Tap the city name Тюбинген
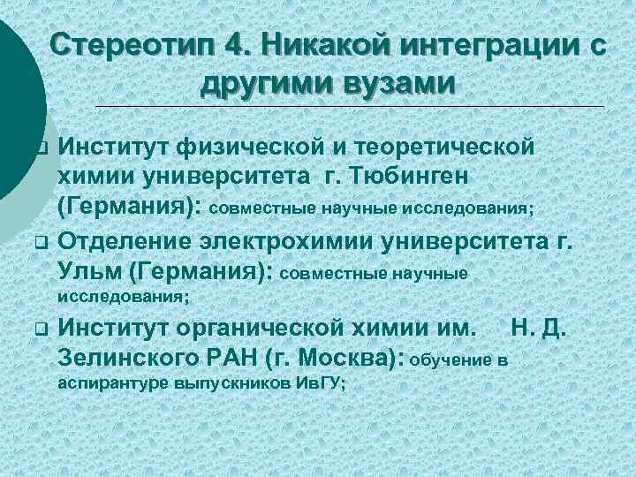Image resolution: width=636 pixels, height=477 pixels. point(415,178)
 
